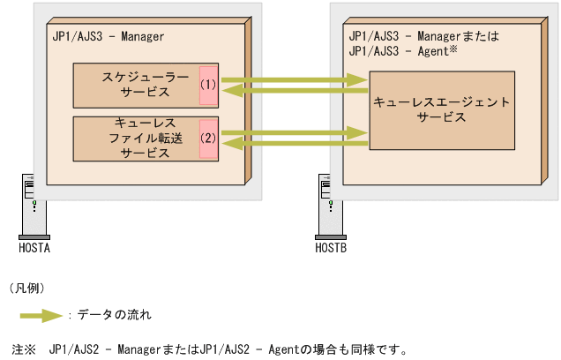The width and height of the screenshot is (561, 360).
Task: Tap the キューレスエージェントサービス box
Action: point(441,109)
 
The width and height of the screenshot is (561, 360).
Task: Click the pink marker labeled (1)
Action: point(208,86)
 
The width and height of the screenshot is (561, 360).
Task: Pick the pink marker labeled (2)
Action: point(208,139)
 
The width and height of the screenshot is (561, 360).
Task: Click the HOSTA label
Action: point(34,249)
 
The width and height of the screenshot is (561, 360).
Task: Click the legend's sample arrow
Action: point(42,314)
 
